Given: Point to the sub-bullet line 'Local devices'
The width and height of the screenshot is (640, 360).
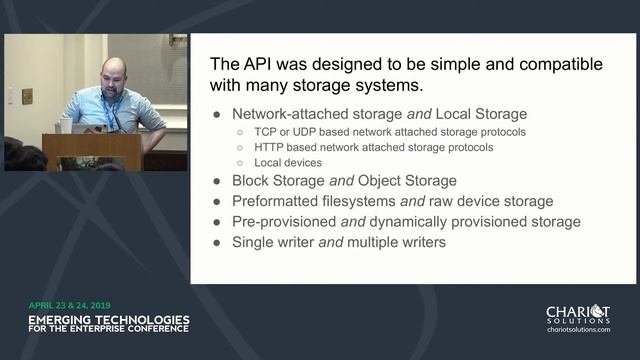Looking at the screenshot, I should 289,162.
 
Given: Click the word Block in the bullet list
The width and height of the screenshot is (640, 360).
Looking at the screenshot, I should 252,181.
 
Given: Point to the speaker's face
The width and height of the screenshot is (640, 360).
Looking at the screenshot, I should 113,77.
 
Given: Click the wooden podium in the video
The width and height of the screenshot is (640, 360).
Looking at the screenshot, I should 92,151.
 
